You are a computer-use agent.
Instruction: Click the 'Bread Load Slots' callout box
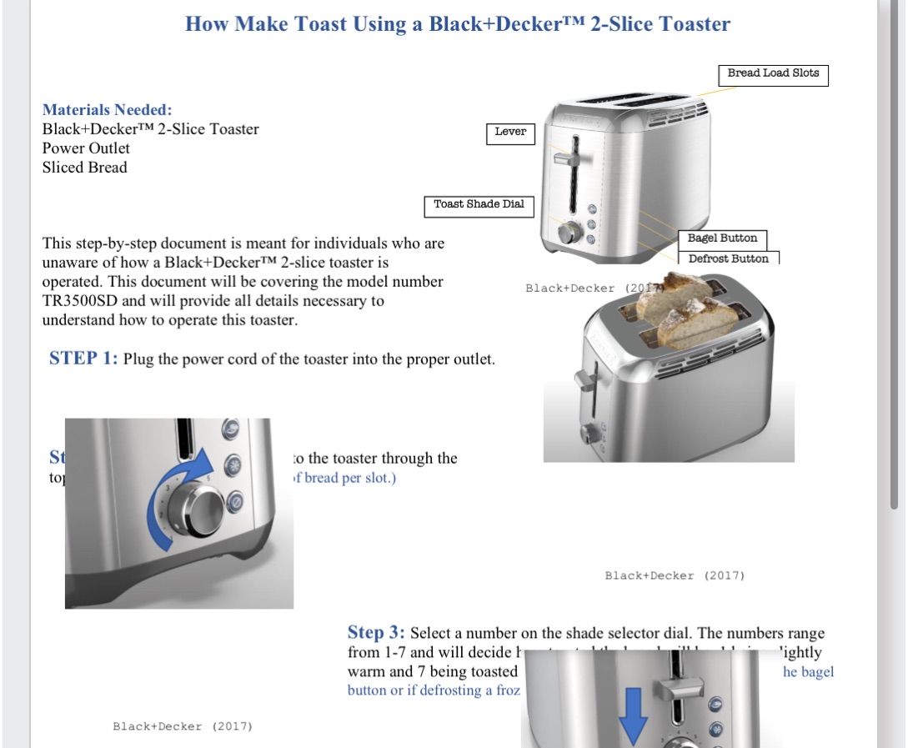(x=773, y=73)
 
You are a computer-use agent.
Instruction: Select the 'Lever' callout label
(x=510, y=132)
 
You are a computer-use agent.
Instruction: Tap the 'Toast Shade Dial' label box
(x=479, y=204)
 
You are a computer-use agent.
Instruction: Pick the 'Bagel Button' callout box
(x=722, y=238)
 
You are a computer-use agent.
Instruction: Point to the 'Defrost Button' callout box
(x=728, y=259)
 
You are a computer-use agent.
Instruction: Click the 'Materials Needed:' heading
(x=108, y=109)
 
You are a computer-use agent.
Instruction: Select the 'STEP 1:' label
(x=83, y=359)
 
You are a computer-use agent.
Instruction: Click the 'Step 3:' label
(x=377, y=633)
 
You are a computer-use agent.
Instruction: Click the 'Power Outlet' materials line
(x=86, y=148)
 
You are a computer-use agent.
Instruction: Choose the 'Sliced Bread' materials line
(x=85, y=168)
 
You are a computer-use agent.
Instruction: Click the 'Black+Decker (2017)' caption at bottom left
(x=183, y=726)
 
